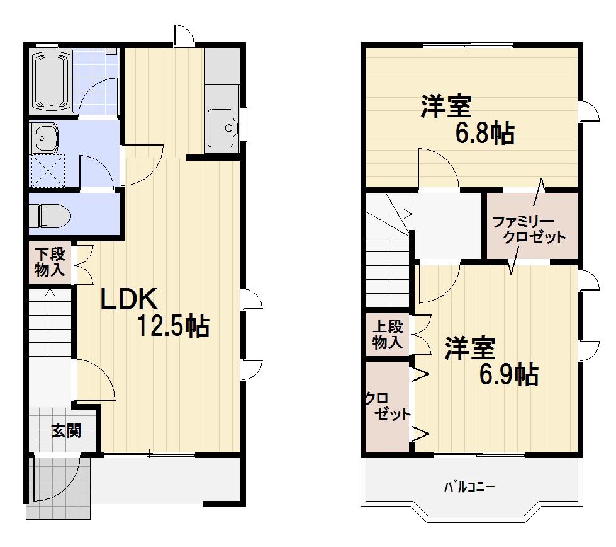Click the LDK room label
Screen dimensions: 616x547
tap(130, 299)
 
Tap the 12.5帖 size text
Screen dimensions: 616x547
tap(173, 326)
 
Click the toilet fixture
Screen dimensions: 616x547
tap(50, 216)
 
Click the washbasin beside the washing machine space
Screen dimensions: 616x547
tap(45, 138)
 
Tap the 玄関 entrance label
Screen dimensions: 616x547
tap(67, 431)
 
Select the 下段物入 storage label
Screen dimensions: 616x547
tap(50, 262)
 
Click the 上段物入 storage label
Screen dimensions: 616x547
tap(388, 335)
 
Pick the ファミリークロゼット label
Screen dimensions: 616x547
tap(529, 230)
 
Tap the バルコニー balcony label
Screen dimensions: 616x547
tap(469, 487)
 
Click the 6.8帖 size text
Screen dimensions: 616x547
tap(484, 133)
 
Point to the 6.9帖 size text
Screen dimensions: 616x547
tap(509, 374)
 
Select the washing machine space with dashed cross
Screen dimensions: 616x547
tap(48, 170)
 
